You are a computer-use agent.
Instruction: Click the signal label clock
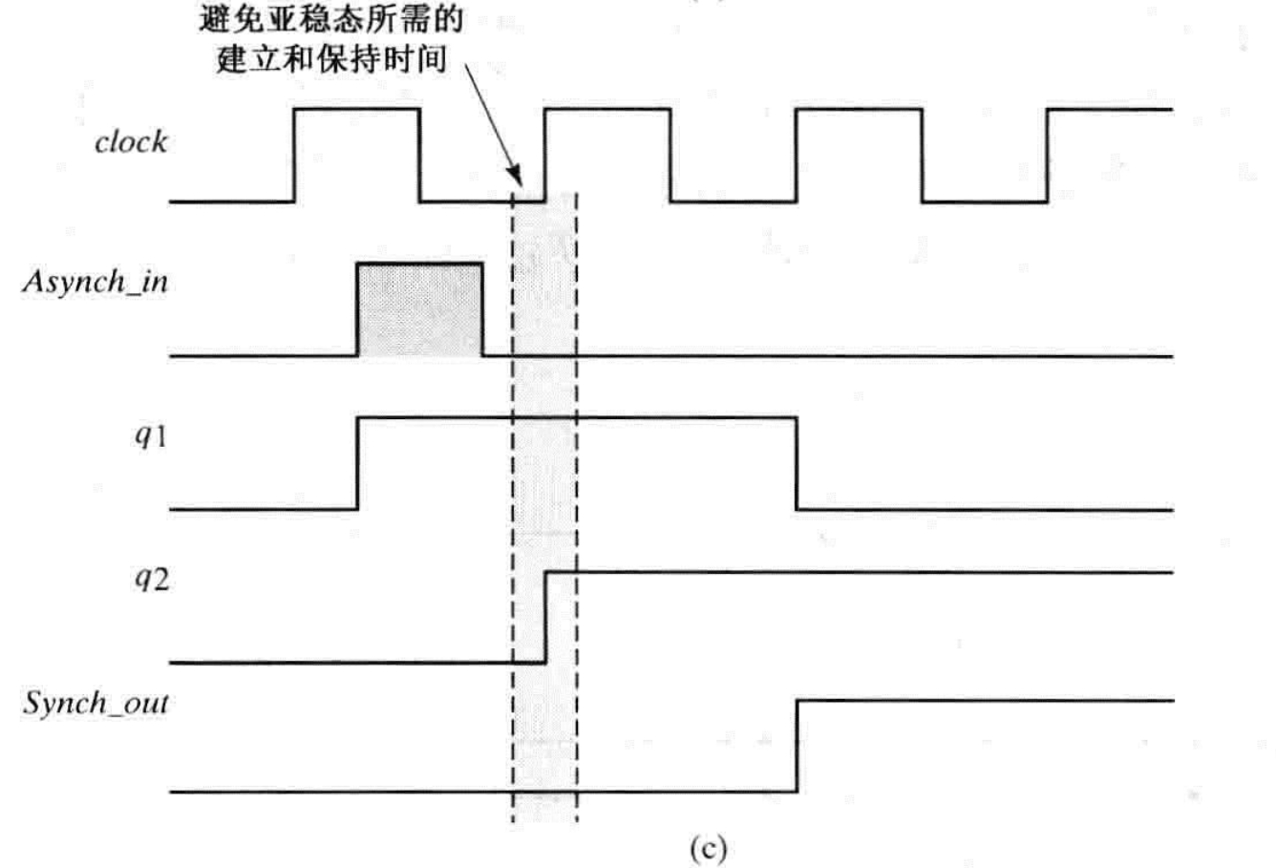click(131, 142)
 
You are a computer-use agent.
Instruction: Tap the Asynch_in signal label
click(95, 283)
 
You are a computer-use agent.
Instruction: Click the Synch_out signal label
click(96, 705)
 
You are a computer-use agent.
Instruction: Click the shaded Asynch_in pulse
click(419, 310)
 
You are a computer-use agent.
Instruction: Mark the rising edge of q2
click(545, 616)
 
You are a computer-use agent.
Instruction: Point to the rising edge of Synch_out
click(797, 746)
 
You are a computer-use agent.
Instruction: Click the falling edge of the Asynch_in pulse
click(482, 310)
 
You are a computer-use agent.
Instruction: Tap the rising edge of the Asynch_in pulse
click(357, 310)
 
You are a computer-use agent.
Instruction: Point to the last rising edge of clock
click(1048, 155)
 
